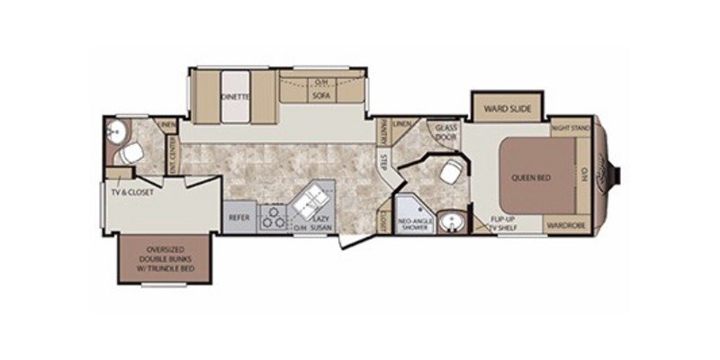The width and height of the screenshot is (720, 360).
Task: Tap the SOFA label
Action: pos(320,94)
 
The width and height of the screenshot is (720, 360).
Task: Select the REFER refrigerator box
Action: pos(238,217)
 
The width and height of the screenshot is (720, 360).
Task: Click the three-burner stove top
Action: pos(273,217)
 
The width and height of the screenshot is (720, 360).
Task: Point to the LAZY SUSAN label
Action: pos(319,223)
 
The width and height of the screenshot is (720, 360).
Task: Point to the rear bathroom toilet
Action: pos(132,152)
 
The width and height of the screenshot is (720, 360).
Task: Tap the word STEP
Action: pos(382,163)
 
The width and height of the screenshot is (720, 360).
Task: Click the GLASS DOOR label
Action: pos(445,132)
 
